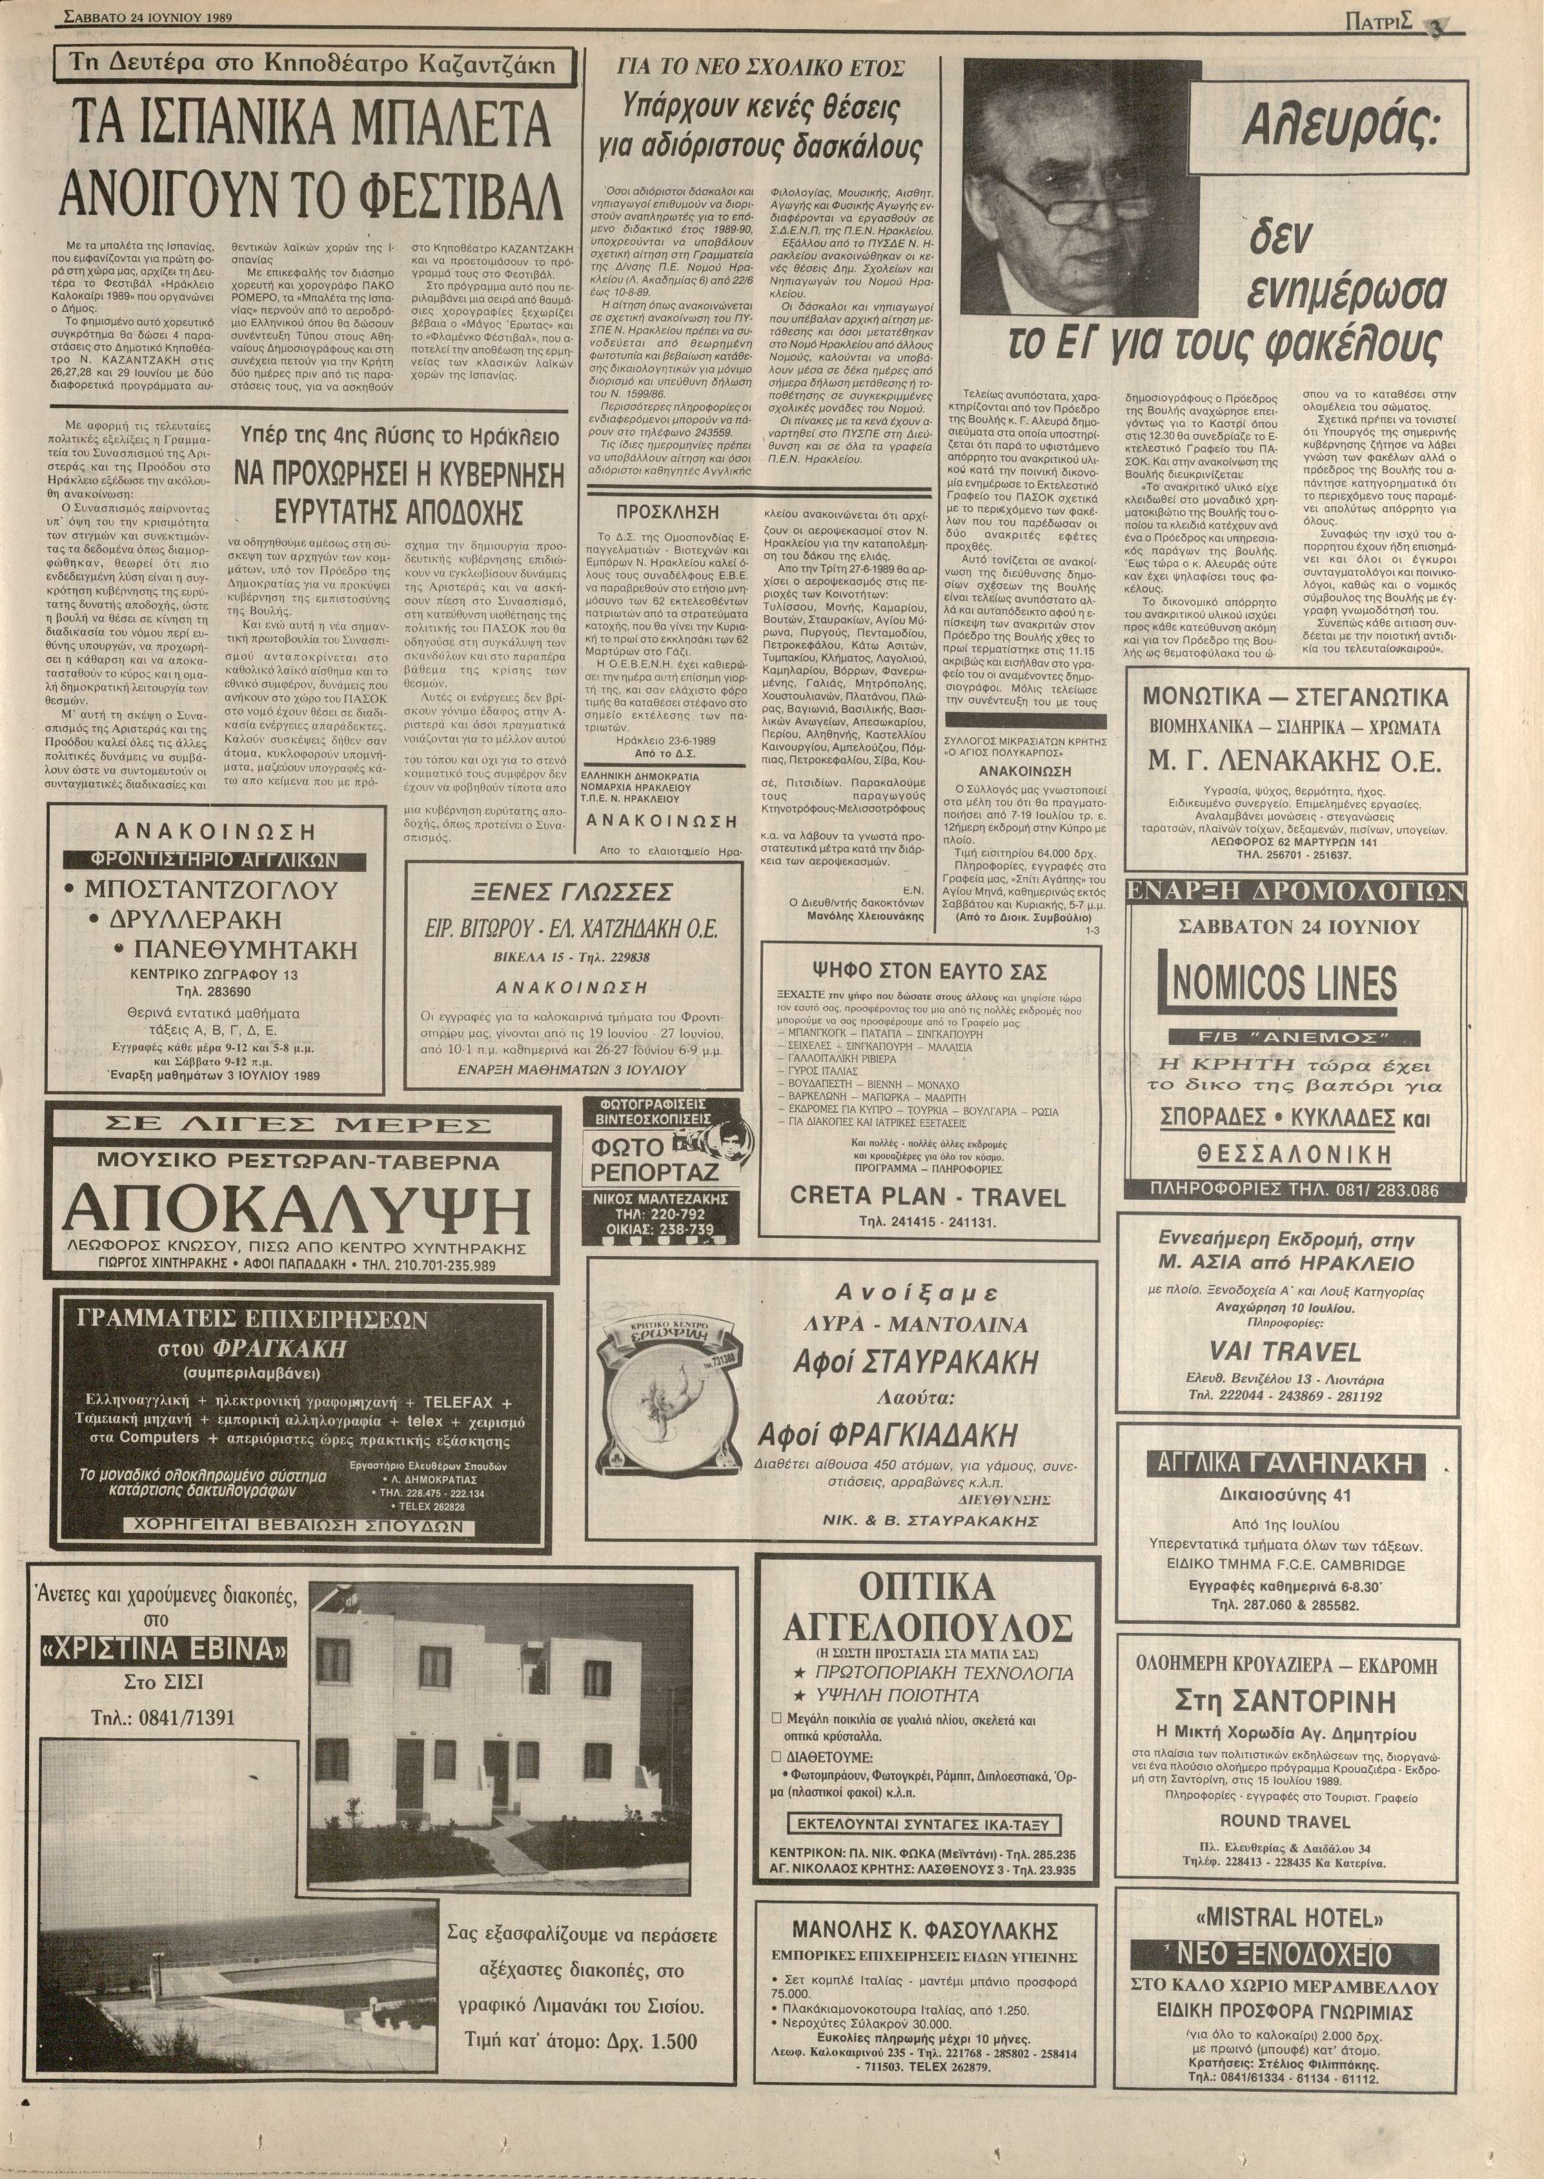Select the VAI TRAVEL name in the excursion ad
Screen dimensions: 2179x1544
[1287, 1351]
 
